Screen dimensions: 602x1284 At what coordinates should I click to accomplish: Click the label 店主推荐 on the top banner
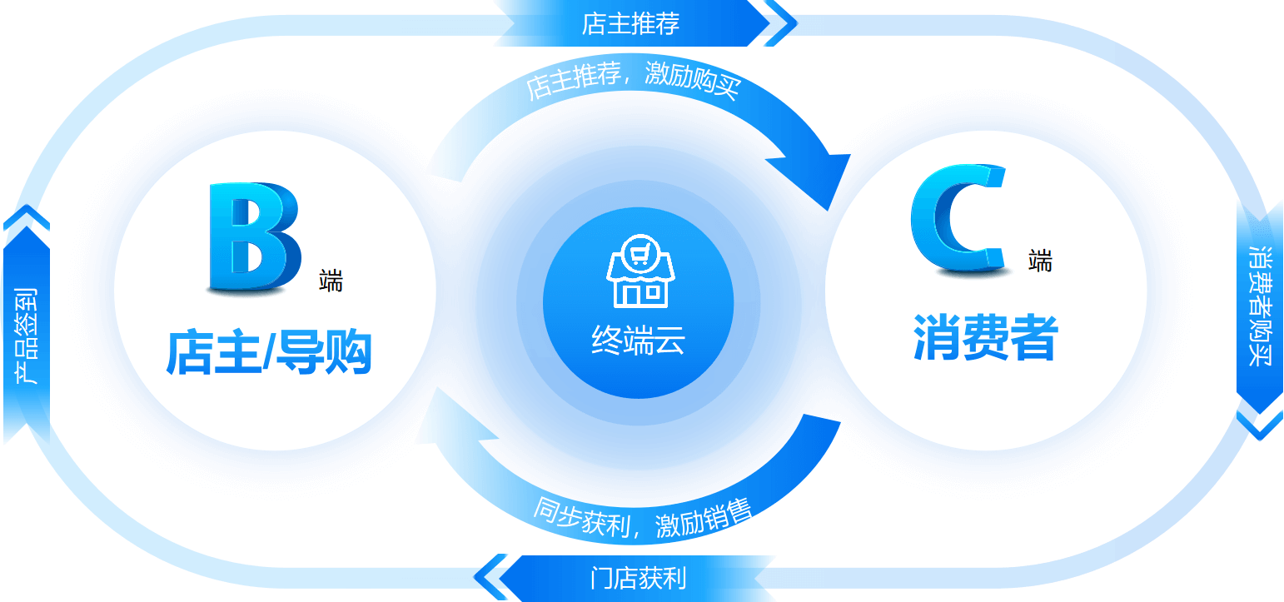point(630,24)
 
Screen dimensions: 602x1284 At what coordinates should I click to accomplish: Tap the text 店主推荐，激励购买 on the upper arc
point(632,83)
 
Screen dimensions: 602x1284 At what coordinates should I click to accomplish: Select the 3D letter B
point(252,238)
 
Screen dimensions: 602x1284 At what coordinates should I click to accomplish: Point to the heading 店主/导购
point(268,353)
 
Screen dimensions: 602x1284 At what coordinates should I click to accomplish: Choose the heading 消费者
point(985,338)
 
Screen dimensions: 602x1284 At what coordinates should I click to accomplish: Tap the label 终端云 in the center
point(638,340)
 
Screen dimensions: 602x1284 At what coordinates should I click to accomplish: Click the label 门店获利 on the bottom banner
point(638,578)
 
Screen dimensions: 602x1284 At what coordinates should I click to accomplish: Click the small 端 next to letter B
point(331,281)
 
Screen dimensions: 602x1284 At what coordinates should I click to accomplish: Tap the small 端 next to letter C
point(1040,261)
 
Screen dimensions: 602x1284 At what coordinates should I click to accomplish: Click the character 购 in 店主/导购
point(345,353)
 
